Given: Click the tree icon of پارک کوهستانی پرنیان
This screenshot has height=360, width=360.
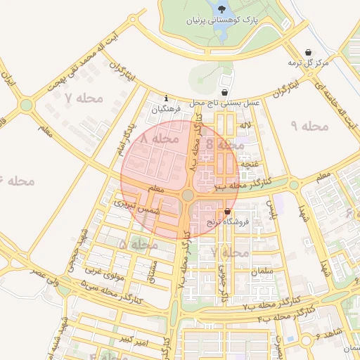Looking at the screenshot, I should coord(223,10).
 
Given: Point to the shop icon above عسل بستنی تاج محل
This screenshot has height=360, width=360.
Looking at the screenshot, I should coord(224,92).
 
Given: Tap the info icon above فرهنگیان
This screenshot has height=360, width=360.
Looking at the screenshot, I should coord(166,98).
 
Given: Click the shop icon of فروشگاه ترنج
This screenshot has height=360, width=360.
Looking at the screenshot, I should coord(227,211).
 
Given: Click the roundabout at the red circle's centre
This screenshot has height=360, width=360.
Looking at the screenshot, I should coord(188,195).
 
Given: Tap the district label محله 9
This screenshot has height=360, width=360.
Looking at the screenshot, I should coord(309,126).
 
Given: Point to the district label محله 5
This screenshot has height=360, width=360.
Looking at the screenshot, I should coord(138,245).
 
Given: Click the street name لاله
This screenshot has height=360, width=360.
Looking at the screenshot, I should coord(245,126).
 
